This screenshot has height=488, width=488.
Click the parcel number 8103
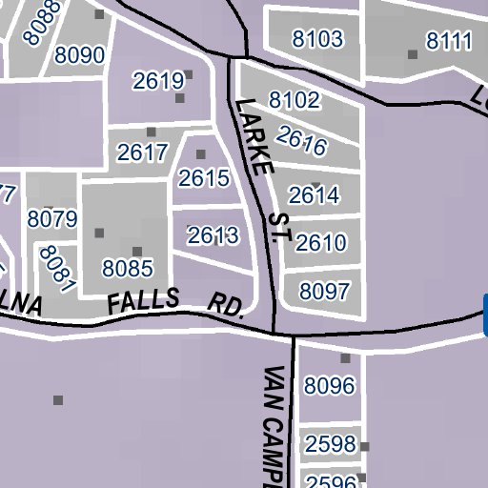tap(318, 39)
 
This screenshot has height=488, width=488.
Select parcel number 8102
tap(295, 100)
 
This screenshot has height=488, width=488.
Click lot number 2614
tap(314, 195)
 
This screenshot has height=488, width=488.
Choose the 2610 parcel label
tap(321, 242)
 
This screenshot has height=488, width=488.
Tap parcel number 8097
tap(325, 291)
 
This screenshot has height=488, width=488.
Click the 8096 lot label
tap(329, 386)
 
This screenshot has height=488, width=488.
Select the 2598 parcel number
tap(330, 444)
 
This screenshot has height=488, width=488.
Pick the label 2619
tap(157, 81)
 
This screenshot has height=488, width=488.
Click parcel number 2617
tap(143, 152)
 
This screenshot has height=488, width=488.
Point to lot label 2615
tap(204, 177)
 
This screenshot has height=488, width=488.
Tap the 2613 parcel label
tap(213, 234)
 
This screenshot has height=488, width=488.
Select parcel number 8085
tap(128, 268)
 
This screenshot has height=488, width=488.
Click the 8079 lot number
tap(51, 219)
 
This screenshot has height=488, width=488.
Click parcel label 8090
tap(79, 54)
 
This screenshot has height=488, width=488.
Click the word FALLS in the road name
tap(143, 302)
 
